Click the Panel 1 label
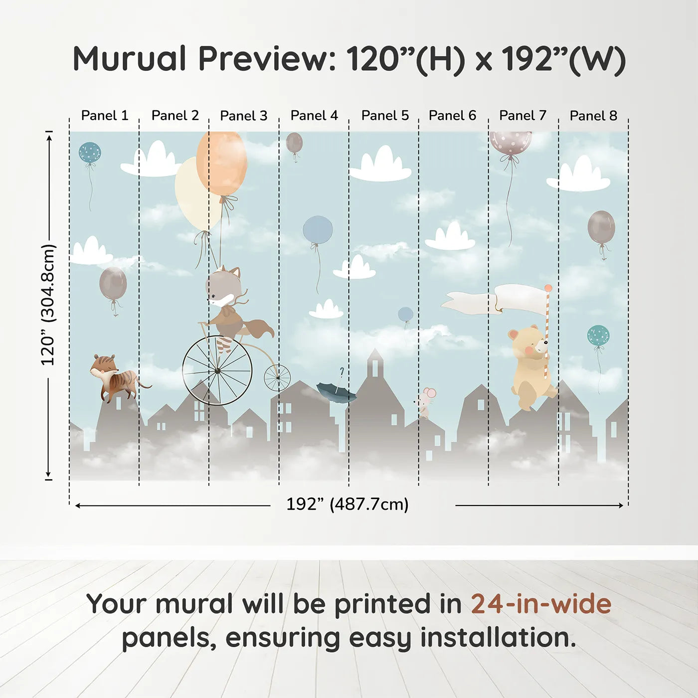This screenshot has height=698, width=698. pyautogui.click(x=105, y=116)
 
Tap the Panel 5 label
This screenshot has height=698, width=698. pyautogui.click(x=385, y=116)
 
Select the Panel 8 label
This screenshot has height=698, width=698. pyautogui.click(x=593, y=116)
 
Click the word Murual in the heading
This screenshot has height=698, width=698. pyautogui.click(x=130, y=59)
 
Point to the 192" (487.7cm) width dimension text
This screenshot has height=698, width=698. pyautogui.click(x=347, y=504)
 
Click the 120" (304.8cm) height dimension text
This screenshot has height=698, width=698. pyautogui.click(x=48, y=305)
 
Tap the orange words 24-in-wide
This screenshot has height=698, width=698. pyautogui.click(x=541, y=604)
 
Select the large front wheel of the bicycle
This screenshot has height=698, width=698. pyautogui.click(x=217, y=370)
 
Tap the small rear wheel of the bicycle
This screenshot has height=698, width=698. pyautogui.click(x=277, y=378)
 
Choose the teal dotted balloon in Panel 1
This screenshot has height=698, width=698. pyautogui.click(x=90, y=153)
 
